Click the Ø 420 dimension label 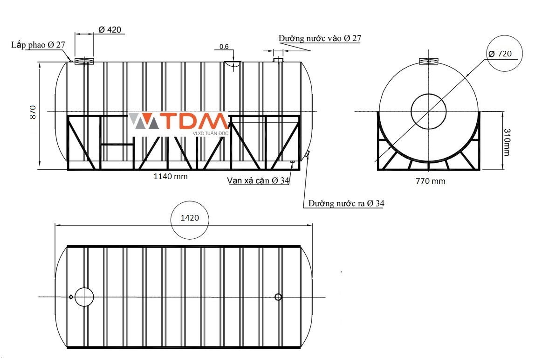coord(110,30)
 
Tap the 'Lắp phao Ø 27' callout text coord(38,45)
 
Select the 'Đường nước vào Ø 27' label coord(320,38)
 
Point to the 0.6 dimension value coord(224,47)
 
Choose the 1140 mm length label coord(171,176)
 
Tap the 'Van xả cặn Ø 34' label coord(258,180)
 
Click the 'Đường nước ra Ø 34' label coord(346,204)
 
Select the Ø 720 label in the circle coord(500,54)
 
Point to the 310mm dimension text coord(507,142)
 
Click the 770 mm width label coord(431,181)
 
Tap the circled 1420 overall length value coord(190,218)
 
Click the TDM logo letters coord(194,122)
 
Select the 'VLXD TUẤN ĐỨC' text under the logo coord(211,133)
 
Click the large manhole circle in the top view coord(84,297)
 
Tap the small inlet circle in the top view coord(278,297)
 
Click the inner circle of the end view coord(429,111)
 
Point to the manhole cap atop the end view coord(429,61)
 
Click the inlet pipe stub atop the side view coord(278,60)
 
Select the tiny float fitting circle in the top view coord(71,297)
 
